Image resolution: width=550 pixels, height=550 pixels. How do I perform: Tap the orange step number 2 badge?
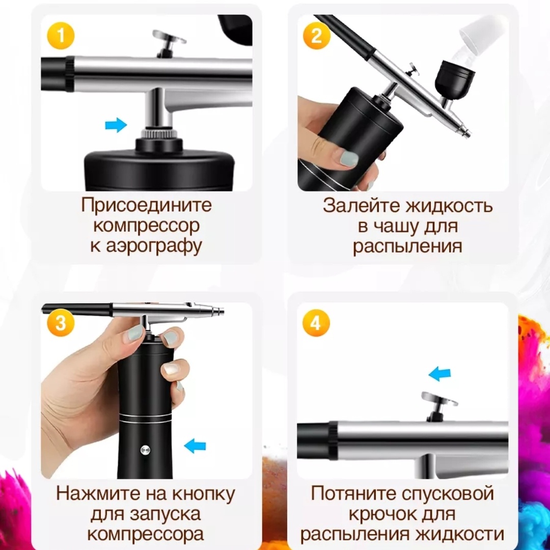pos(316,36)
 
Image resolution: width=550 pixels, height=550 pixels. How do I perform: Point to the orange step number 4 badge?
pos(316,322)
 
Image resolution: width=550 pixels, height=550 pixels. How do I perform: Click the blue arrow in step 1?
pos(116,125)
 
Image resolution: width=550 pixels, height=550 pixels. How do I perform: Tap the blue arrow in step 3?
pos(195,446)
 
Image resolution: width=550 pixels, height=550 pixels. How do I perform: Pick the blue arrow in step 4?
pos(440,374)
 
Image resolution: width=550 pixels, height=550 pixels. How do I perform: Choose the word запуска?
pos(165,515)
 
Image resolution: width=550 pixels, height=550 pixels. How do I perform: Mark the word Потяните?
pos(353,494)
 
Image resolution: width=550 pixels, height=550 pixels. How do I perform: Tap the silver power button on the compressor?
pos(145,450)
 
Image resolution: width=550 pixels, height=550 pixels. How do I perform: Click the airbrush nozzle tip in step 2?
pos(467,133)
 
